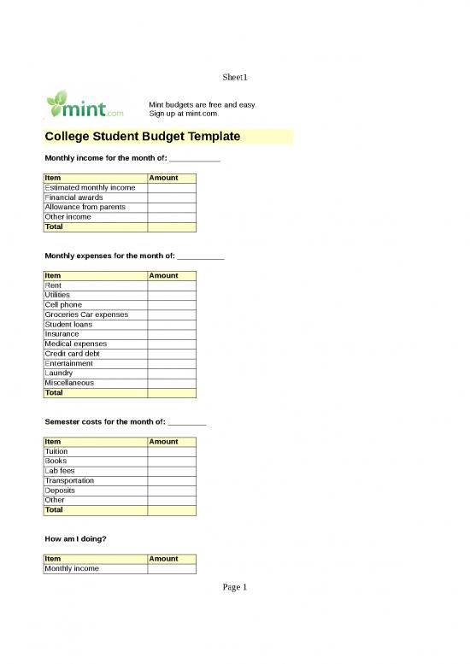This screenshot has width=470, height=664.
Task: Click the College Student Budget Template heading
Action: click(142, 137)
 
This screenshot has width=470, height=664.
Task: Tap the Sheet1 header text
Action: click(235, 78)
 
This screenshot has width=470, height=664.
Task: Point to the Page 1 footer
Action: click(235, 587)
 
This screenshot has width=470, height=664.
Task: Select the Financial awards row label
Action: click(73, 197)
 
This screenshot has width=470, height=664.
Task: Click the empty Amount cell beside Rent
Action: click(172, 285)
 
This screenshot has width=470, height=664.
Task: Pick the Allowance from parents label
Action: click(85, 207)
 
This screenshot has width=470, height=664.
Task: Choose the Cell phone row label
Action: click(63, 305)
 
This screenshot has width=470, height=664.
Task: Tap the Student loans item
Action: click(68, 325)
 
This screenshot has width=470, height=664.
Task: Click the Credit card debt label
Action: click(72, 354)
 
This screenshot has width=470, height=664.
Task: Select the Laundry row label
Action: click(59, 373)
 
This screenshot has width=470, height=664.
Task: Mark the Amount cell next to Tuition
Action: click(172, 451)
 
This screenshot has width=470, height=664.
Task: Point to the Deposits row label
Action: click(60, 491)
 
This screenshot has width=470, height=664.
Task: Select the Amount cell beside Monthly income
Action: click(172, 568)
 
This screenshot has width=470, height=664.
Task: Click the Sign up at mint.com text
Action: click(184, 113)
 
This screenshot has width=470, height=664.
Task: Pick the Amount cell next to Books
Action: click(172, 461)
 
